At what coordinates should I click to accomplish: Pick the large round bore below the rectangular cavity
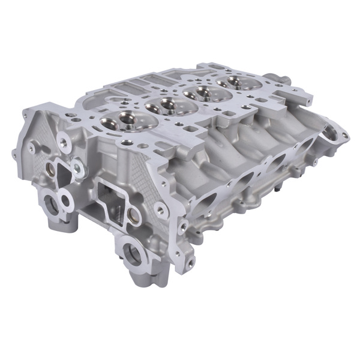click(x=133, y=252)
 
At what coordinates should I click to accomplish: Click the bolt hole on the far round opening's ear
click(x=345, y=136)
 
